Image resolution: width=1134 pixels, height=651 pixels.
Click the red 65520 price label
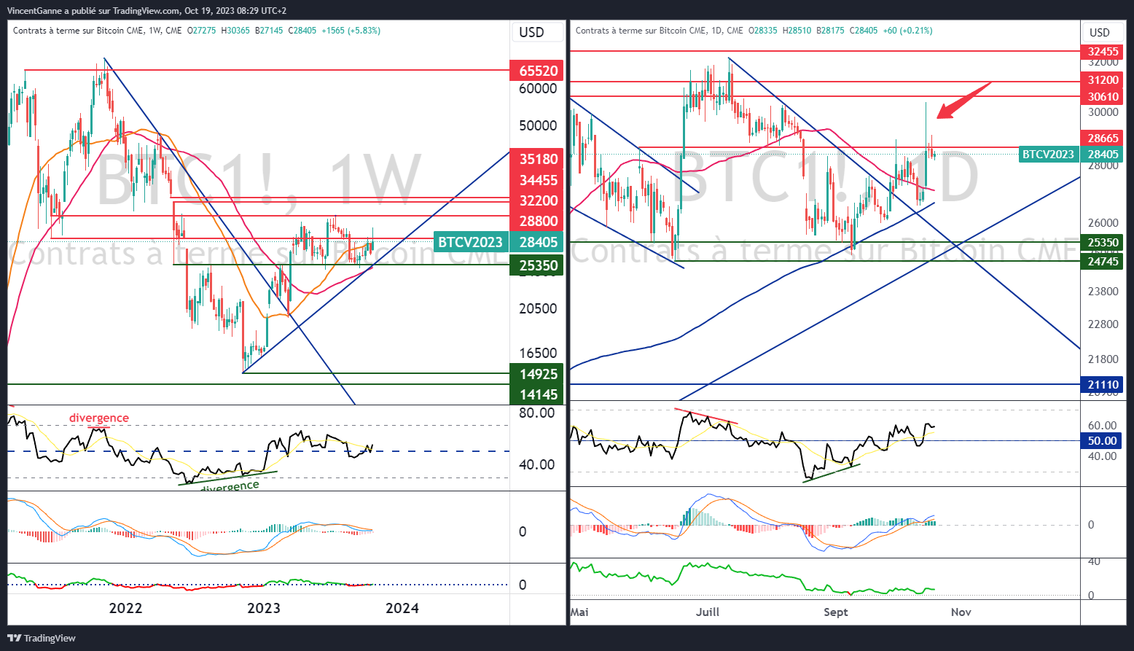click(x=538, y=71)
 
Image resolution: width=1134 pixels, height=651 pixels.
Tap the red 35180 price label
click(x=538, y=159)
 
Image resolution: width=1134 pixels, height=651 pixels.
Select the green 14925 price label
click(x=538, y=374)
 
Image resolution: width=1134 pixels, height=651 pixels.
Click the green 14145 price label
click(x=538, y=394)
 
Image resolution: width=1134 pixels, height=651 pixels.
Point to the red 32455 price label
click(x=1103, y=52)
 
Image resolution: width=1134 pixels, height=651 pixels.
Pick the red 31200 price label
click(x=1103, y=80)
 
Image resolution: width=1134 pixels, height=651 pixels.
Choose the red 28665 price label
click(x=1103, y=138)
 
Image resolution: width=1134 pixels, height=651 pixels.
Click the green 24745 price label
click(x=1103, y=261)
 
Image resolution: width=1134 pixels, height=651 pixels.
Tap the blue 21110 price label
click(x=1103, y=384)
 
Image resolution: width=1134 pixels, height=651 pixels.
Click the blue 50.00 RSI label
click(x=1102, y=440)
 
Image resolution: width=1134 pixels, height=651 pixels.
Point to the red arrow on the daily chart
click(x=962, y=101)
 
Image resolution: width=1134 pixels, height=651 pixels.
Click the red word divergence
click(x=99, y=418)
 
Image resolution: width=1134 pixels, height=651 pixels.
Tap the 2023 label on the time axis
click(x=263, y=608)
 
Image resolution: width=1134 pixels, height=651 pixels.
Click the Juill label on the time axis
click(x=707, y=612)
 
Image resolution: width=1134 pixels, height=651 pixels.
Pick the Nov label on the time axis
click(x=961, y=612)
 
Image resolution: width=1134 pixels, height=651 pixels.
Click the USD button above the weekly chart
click(x=531, y=32)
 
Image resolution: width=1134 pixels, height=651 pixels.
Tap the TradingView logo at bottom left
click(x=42, y=638)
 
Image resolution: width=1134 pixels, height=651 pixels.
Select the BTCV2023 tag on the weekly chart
click(x=471, y=242)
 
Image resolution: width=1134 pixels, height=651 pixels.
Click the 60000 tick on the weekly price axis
click(x=538, y=89)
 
